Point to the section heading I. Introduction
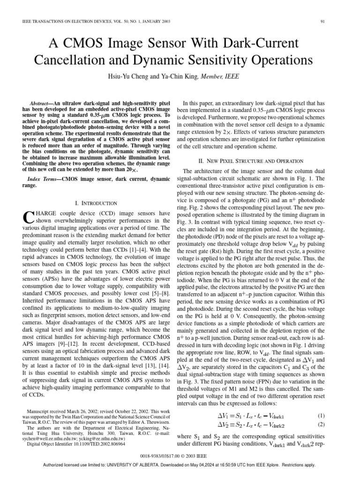(x=96, y=203)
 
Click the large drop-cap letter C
(x=27, y=217)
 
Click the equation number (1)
(x=321, y=416)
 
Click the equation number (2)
(x=321, y=425)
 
